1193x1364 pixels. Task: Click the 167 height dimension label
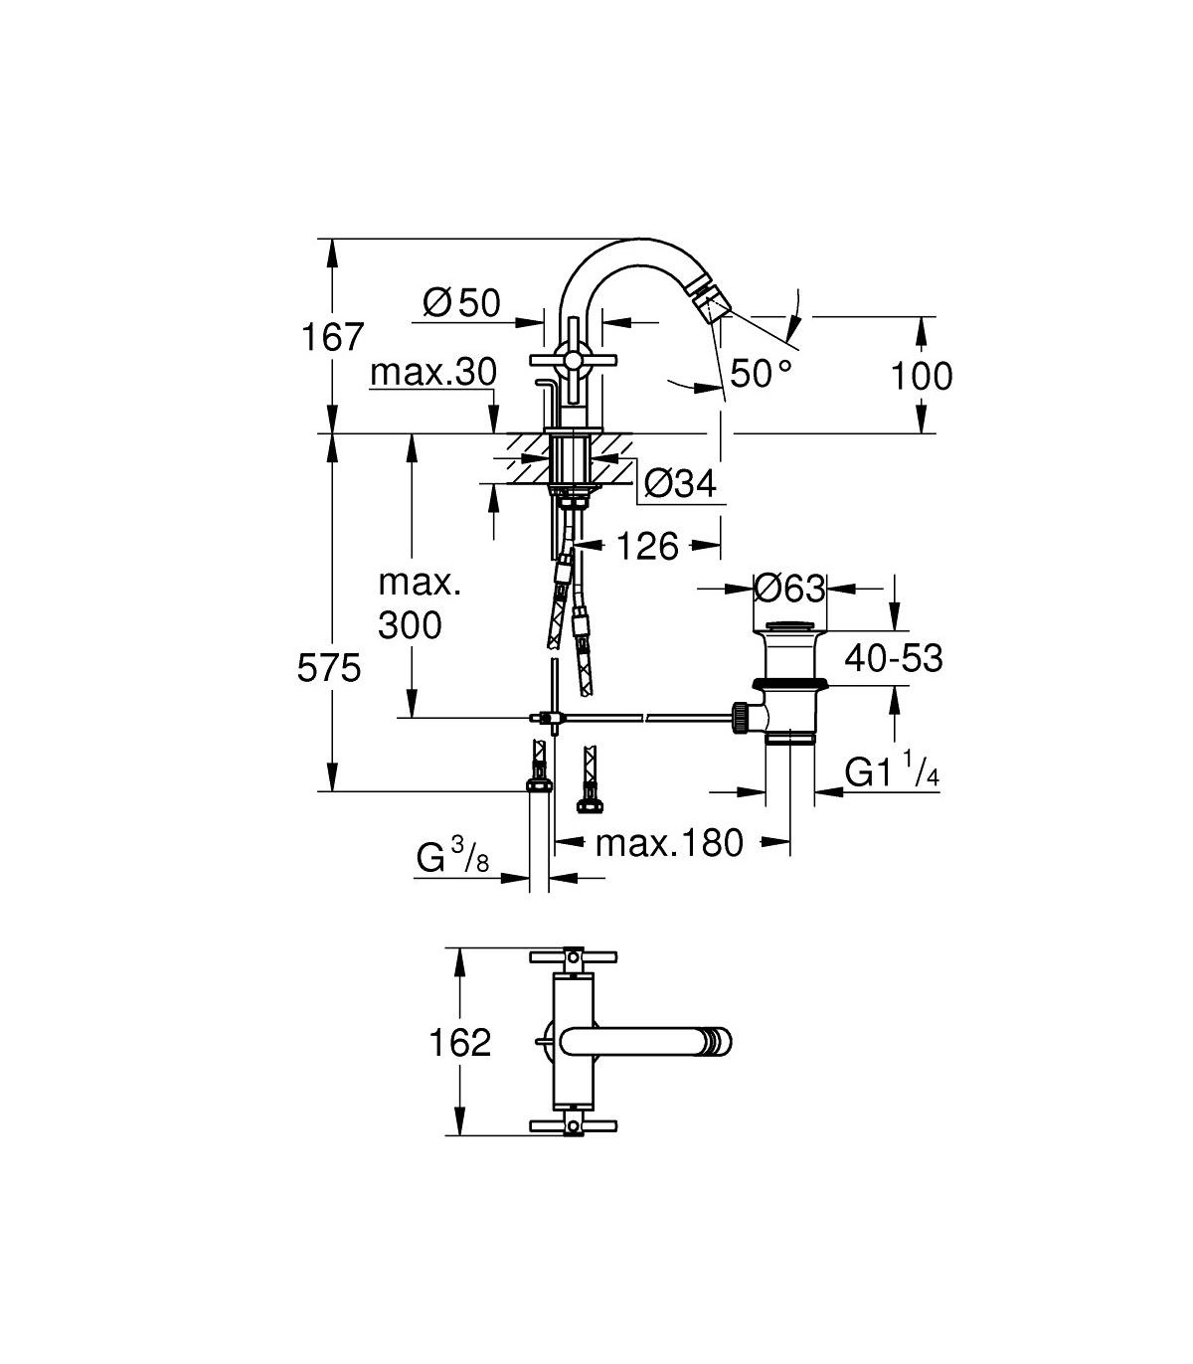tap(333, 337)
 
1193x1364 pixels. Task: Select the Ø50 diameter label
tap(461, 303)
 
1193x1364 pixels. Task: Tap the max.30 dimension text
tap(433, 372)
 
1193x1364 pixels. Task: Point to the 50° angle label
tap(762, 373)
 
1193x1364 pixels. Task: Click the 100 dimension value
tap(922, 376)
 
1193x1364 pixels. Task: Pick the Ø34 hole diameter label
tap(680, 483)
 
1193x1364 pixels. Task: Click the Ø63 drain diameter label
tap(789, 588)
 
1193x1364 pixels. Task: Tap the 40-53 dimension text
tap(894, 659)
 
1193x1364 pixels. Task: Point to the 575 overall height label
tap(329, 668)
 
